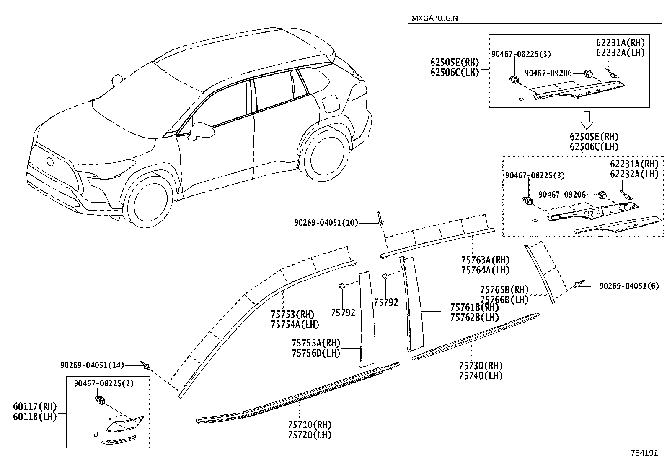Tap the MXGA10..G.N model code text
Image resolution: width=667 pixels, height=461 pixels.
click(434, 19)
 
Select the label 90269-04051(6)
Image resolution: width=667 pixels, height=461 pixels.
click(628, 286)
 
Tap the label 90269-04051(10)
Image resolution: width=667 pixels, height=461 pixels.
click(326, 223)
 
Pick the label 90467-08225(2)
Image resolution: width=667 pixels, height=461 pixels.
click(103, 383)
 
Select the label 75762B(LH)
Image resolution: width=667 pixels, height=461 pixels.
click(475, 318)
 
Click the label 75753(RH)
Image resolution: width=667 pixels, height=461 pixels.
click(292, 314)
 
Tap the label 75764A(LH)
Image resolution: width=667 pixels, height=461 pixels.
click(485, 271)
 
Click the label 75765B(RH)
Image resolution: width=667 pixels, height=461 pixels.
click(504, 290)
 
